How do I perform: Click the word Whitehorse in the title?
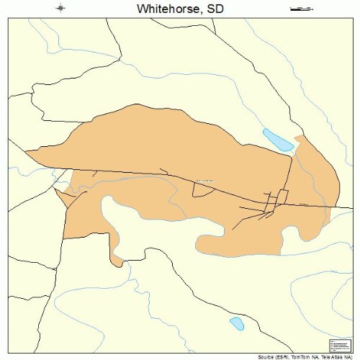click(x=164, y=9)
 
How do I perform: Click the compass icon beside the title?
click(x=60, y=9)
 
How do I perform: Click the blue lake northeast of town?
click(x=278, y=140)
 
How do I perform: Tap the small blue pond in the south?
click(x=236, y=324)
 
